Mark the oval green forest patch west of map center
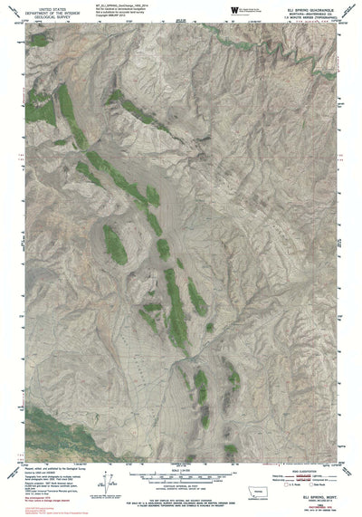[x=114, y=242]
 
